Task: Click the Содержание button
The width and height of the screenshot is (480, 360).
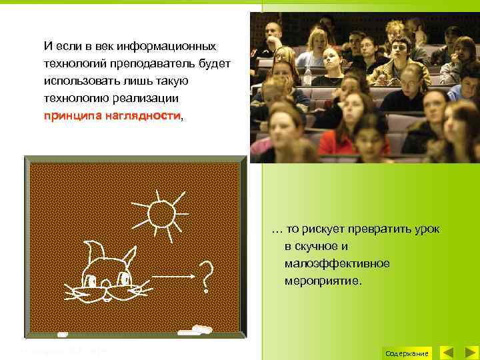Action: pos(407,353)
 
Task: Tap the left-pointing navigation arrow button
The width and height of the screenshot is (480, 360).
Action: pos(449,353)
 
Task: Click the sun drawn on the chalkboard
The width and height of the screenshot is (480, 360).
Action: pos(161,214)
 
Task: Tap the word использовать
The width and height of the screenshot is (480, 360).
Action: pos(77,81)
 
